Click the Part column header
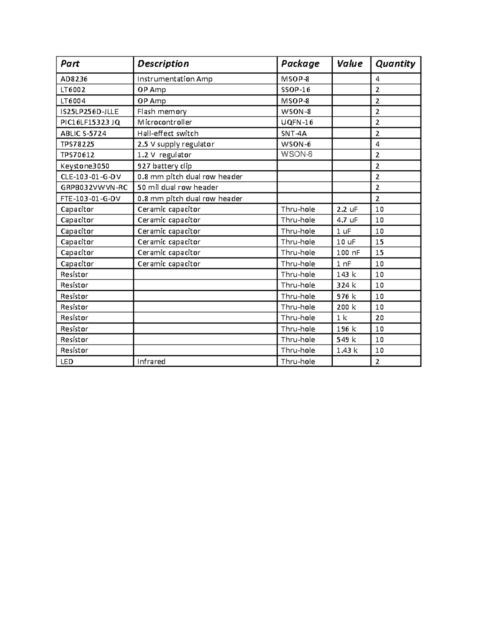70,64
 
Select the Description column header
163,64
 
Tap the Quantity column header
395,64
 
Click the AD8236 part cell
74,79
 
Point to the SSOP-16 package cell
296,90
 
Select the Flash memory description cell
162,111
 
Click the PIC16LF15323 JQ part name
90,122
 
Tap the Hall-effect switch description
168,133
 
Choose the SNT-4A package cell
294,133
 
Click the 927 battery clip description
165,166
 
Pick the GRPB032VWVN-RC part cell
94,187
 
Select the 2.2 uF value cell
347,209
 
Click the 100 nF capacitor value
349,253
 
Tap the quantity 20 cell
380,318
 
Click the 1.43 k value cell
347,351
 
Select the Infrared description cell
151,361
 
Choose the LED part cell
67,361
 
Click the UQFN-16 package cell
297,122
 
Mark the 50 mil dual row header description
178,187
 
